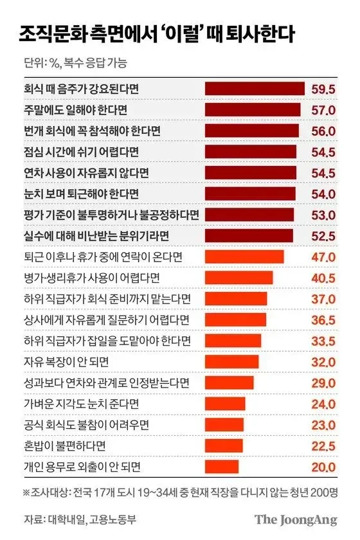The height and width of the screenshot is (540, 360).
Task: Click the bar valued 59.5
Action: tap(255, 89)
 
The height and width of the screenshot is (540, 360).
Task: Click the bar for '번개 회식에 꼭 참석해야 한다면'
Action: tap(251, 130)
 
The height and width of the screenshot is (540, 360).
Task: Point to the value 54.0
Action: tap(323, 194)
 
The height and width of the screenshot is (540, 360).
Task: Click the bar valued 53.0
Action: tap(249, 214)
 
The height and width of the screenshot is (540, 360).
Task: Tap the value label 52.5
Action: tap(323, 235)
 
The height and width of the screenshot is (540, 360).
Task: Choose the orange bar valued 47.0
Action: tap(244, 256)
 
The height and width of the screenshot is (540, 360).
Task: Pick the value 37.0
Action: tap(323, 298)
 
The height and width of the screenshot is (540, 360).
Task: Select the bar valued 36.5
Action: tap(235, 319)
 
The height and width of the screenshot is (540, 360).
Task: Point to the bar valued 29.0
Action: tap(229, 382)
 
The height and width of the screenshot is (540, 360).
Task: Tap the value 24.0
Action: tap(323, 404)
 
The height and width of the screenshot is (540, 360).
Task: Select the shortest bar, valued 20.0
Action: tap(222, 467)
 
